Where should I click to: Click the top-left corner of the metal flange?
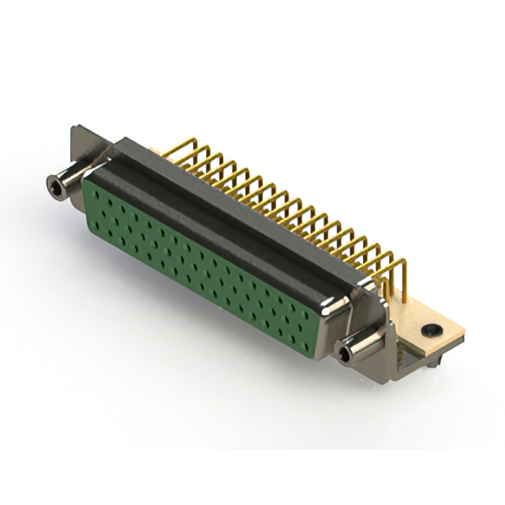click(x=73, y=128)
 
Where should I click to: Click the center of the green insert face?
click(x=209, y=260)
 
